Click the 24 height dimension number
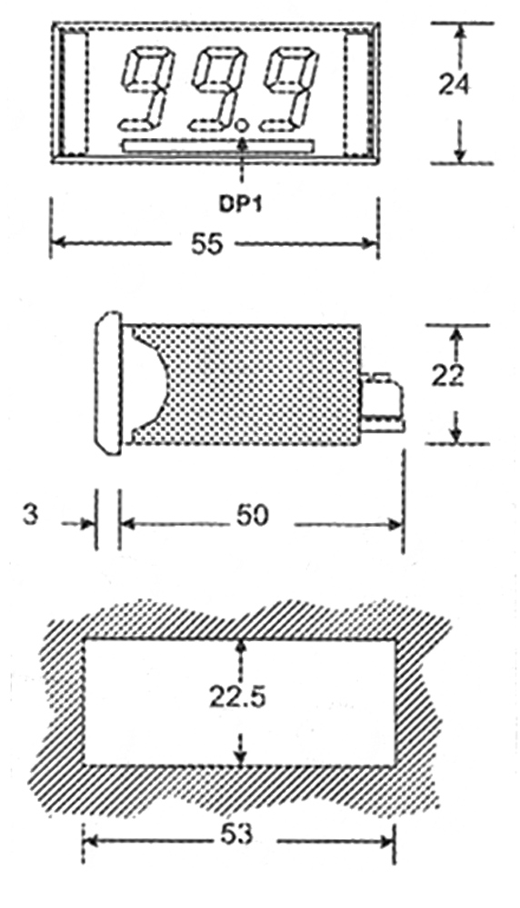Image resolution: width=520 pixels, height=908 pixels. (x=455, y=85)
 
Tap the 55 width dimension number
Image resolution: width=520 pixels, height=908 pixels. (x=206, y=243)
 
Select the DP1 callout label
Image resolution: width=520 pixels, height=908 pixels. (x=239, y=203)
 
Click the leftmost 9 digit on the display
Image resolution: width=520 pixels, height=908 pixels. (x=146, y=88)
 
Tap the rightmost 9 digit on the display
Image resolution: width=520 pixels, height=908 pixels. (x=290, y=88)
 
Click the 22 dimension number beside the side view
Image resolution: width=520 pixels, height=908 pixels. (x=447, y=377)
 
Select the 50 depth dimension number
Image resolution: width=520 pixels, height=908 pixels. (x=252, y=516)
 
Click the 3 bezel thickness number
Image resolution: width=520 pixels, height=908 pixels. (x=30, y=515)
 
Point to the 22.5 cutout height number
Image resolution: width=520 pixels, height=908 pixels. (x=237, y=697)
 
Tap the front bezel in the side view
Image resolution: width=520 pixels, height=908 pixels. (x=108, y=383)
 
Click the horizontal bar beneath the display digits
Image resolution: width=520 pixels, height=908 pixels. (x=218, y=146)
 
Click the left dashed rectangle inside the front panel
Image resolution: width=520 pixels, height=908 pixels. (x=75, y=94)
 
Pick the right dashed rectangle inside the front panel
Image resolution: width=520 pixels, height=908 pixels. (x=357, y=94)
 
